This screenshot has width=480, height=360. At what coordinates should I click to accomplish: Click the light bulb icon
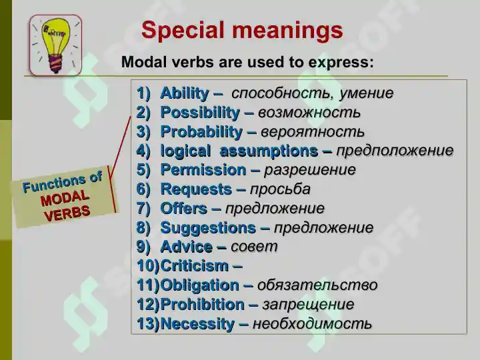tap(56, 45)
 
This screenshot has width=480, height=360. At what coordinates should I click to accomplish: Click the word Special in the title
tap(183, 30)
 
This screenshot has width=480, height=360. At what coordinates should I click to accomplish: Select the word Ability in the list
tap(185, 93)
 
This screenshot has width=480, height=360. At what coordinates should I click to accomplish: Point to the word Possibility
tap(200, 113)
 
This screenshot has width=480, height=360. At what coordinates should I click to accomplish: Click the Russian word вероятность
tap(313, 132)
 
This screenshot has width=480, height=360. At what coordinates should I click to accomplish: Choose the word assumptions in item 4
tap(269, 151)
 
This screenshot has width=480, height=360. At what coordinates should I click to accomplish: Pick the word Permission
tap(203, 170)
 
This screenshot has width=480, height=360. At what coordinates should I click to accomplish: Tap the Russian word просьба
tap(280, 189)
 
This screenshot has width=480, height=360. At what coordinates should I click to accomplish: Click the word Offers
tap(184, 209)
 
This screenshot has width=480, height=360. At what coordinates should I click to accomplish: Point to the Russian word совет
tap(254, 247)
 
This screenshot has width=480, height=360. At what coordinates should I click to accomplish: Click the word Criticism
tap(195, 266)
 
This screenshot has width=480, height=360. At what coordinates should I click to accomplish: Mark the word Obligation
tap(199, 285)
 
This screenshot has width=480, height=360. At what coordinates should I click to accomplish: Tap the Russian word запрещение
tap(308, 305)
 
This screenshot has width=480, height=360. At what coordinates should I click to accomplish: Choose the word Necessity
tap(197, 324)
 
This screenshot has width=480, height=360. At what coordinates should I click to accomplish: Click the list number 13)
tap(148, 324)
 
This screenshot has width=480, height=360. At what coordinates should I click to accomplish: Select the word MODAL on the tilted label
tap(65, 199)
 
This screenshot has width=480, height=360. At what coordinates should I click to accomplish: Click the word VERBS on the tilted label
tap(67, 213)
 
